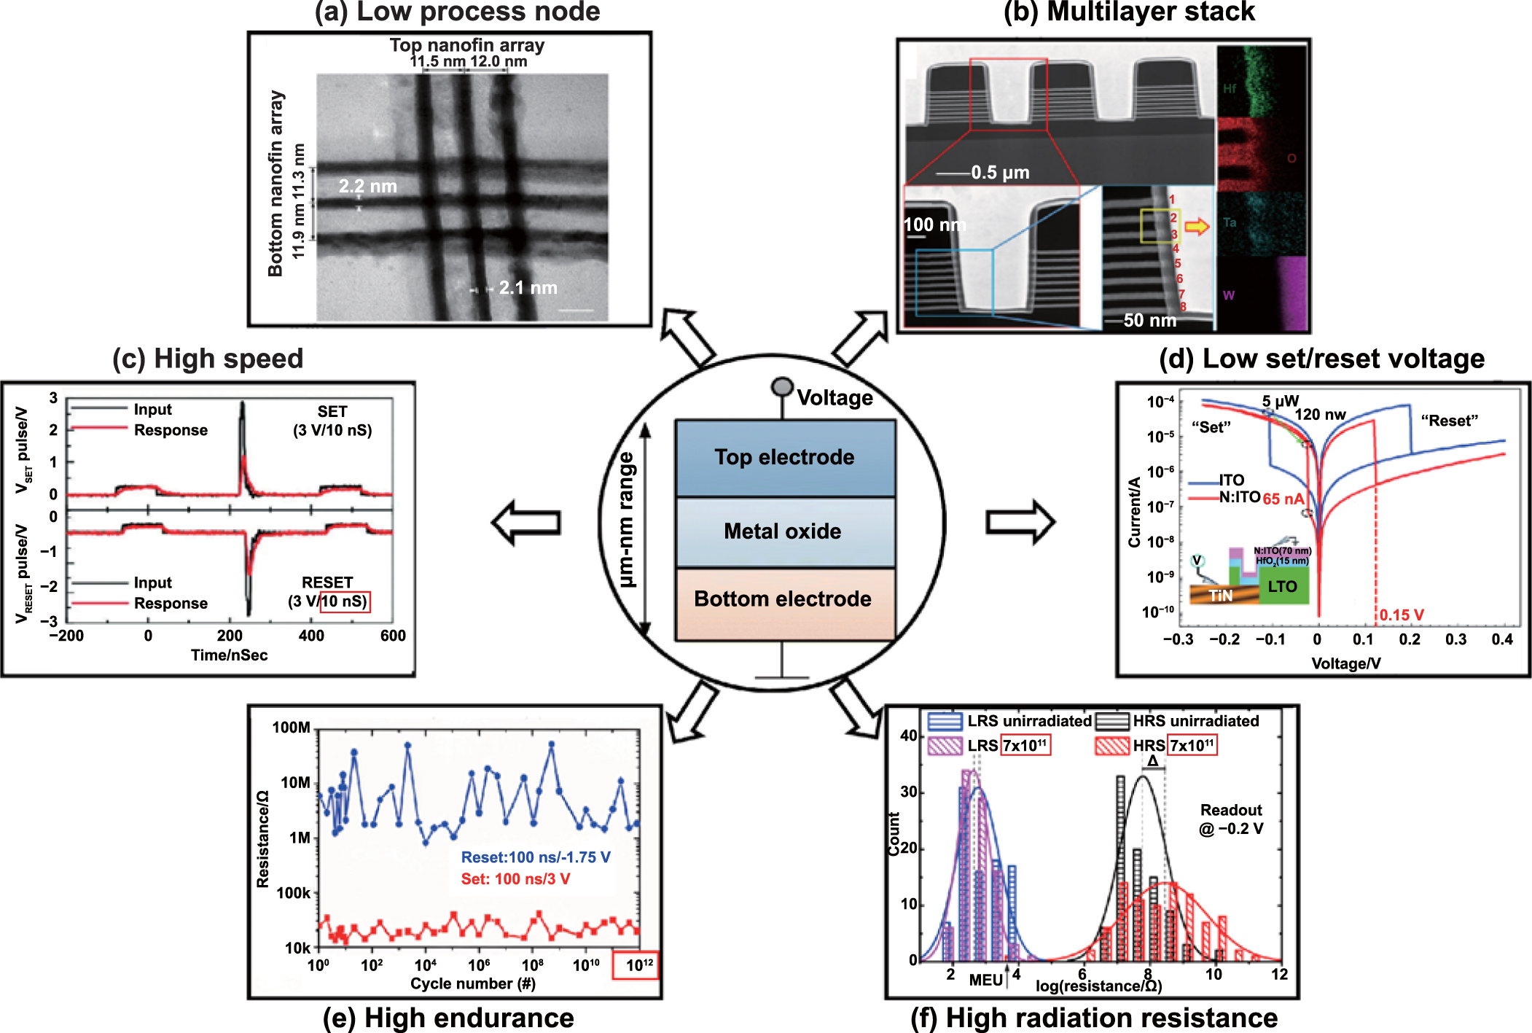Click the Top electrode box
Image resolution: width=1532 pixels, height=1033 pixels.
(x=785, y=458)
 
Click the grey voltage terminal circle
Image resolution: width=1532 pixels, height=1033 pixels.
(x=782, y=386)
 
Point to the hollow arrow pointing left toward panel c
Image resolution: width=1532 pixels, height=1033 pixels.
(x=525, y=522)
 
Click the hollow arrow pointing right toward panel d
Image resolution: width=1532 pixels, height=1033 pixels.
(x=1020, y=522)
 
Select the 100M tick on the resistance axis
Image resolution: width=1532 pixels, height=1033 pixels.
(x=292, y=728)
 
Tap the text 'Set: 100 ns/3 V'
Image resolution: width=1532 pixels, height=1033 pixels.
(x=515, y=879)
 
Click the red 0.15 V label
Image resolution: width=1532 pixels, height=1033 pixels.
(x=1401, y=615)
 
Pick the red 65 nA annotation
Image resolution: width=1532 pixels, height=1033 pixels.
(x=1283, y=499)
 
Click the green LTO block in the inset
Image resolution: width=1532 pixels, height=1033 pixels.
(x=1283, y=587)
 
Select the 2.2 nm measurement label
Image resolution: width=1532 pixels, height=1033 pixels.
(x=367, y=187)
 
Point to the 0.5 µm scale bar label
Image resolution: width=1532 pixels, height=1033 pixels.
(x=1000, y=173)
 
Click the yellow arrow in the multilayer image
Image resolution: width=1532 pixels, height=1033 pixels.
(x=1196, y=227)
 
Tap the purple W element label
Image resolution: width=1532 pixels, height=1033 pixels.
(x=1229, y=295)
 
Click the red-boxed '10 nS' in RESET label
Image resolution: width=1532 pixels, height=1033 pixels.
(x=345, y=601)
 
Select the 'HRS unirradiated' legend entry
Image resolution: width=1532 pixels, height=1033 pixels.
(x=1195, y=721)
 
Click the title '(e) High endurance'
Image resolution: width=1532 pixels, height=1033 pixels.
(x=448, y=1018)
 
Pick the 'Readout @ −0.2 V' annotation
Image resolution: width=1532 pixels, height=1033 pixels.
(x=1231, y=819)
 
